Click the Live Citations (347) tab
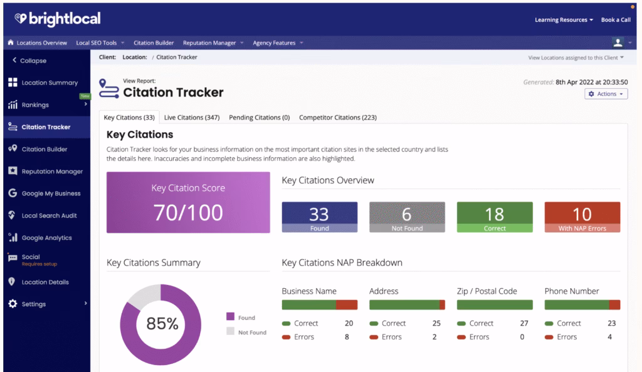(192, 117)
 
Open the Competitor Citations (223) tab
(337, 117)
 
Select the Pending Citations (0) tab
(259, 117)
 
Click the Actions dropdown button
(606, 94)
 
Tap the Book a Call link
(615, 20)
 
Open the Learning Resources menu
(564, 20)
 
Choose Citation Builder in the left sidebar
(45, 149)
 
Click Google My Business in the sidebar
(51, 194)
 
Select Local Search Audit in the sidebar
(49, 215)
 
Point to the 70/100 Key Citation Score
(188, 212)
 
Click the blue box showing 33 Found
(319, 217)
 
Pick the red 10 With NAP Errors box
(582, 217)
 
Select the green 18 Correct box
(494, 217)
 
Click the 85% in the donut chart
(162, 324)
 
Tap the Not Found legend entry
(251, 333)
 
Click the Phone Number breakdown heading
(571, 291)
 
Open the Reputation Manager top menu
(209, 43)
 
